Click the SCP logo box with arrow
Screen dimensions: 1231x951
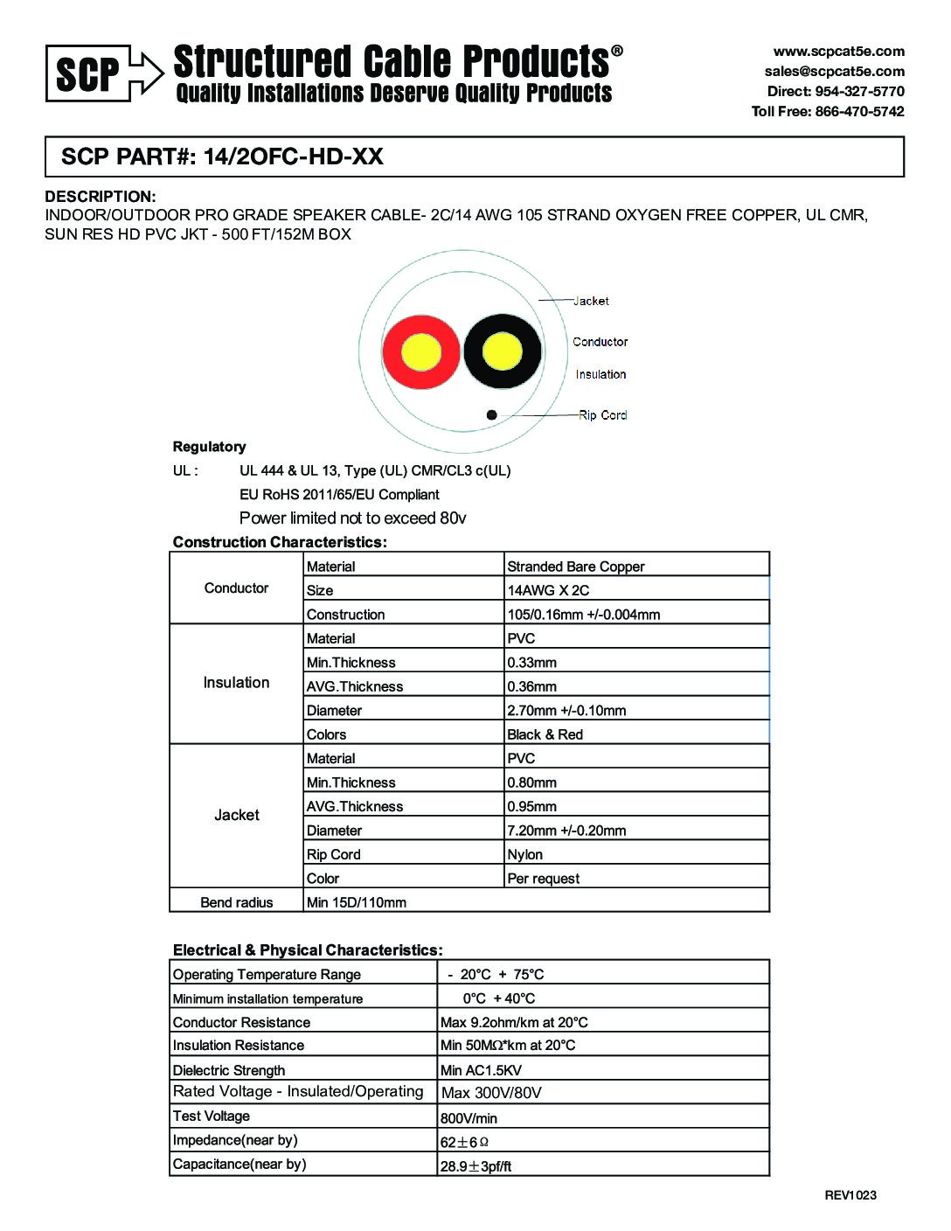tap(103, 73)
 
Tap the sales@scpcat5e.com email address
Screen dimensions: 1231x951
tap(834, 71)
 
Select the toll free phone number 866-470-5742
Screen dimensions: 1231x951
tap(828, 111)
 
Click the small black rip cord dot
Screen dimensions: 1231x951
tap(492, 414)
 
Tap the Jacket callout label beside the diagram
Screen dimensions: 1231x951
tap(591, 301)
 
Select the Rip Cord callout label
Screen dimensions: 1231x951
tap(602, 415)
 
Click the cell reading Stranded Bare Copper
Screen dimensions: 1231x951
tap(575, 567)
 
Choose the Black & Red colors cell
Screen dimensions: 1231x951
tap(545, 734)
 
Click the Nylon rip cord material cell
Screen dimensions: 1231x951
tap(524, 854)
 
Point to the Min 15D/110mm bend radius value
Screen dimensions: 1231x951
tap(356, 902)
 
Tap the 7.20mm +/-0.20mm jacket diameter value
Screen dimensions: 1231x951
tap(566, 831)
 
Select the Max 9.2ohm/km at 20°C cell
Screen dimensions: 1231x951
tap(514, 1022)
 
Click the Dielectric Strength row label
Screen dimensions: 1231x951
tap(229, 1070)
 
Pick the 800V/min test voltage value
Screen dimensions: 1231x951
tap(469, 1118)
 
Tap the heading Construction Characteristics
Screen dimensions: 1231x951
tap(280, 542)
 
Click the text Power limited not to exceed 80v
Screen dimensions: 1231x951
tap(352, 518)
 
